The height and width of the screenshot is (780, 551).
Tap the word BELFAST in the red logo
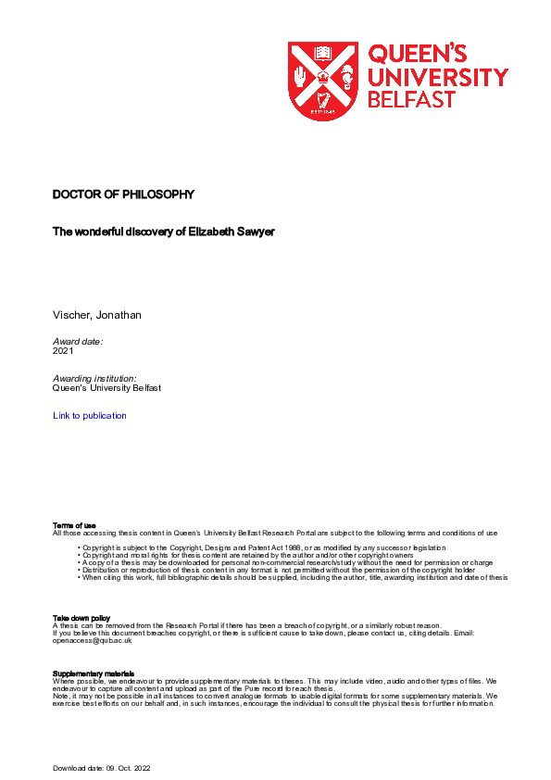[411, 99]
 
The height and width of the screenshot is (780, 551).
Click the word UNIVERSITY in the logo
[437, 76]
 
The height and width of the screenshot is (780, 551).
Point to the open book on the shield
[323, 54]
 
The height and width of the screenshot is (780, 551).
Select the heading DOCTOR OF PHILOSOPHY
[123, 195]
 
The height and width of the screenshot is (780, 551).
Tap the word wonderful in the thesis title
[105, 233]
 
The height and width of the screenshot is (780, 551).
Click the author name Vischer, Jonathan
[97, 315]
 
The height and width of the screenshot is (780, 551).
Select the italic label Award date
[78, 342]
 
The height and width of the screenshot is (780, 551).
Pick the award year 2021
[63, 352]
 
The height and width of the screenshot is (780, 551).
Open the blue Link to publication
[90, 416]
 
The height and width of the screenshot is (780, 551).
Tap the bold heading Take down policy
[81, 617]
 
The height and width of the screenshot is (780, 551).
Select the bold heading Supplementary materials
[94, 673]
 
